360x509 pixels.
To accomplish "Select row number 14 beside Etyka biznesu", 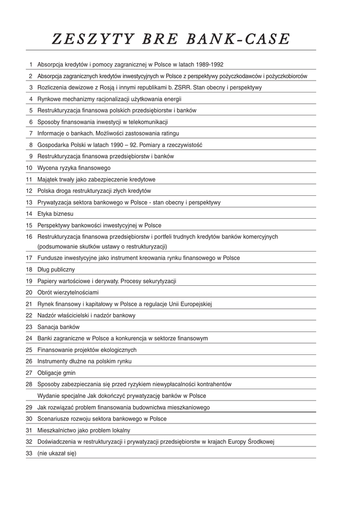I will click(29, 214).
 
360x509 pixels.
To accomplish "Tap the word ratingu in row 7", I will click(168, 133).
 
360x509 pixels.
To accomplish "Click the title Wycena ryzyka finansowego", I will click(74, 168).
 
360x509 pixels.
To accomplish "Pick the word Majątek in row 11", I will click(48, 179).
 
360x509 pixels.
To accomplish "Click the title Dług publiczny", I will click(56, 269).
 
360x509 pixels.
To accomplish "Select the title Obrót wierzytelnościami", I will click(68, 292).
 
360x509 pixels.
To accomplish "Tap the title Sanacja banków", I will click(59, 327).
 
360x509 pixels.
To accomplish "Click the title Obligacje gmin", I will click(57, 373).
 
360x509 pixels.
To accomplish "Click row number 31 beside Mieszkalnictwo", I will click(29, 430).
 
